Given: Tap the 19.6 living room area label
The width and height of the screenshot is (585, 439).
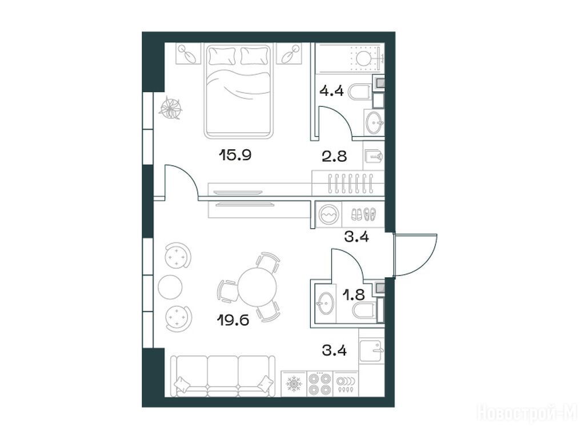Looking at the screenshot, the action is click(x=233, y=320).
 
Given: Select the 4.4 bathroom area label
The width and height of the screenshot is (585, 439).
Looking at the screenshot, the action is click(x=331, y=90).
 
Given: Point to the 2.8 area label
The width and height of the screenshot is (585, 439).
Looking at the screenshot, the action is click(x=334, y=156).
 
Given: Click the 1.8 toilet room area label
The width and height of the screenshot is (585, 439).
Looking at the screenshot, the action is click(x=354, y=295).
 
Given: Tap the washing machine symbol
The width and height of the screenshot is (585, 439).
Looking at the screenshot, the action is click(x=328, y=215).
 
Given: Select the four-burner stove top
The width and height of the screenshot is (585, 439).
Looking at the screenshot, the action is click(x=320, y=384).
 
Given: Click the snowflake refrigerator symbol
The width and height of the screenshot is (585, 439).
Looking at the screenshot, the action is click(x=294, y=384).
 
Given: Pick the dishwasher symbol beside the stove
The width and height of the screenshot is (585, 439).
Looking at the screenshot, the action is click(x=346, y=384).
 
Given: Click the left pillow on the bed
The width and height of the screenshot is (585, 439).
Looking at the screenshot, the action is click(x=223, y=56).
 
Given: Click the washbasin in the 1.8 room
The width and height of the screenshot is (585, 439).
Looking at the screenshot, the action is click(x=324, y=303).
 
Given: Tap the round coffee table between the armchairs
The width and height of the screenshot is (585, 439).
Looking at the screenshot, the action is click(x=170, y=287).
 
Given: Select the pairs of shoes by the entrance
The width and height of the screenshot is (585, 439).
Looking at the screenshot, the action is click(x=363, y=214).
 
